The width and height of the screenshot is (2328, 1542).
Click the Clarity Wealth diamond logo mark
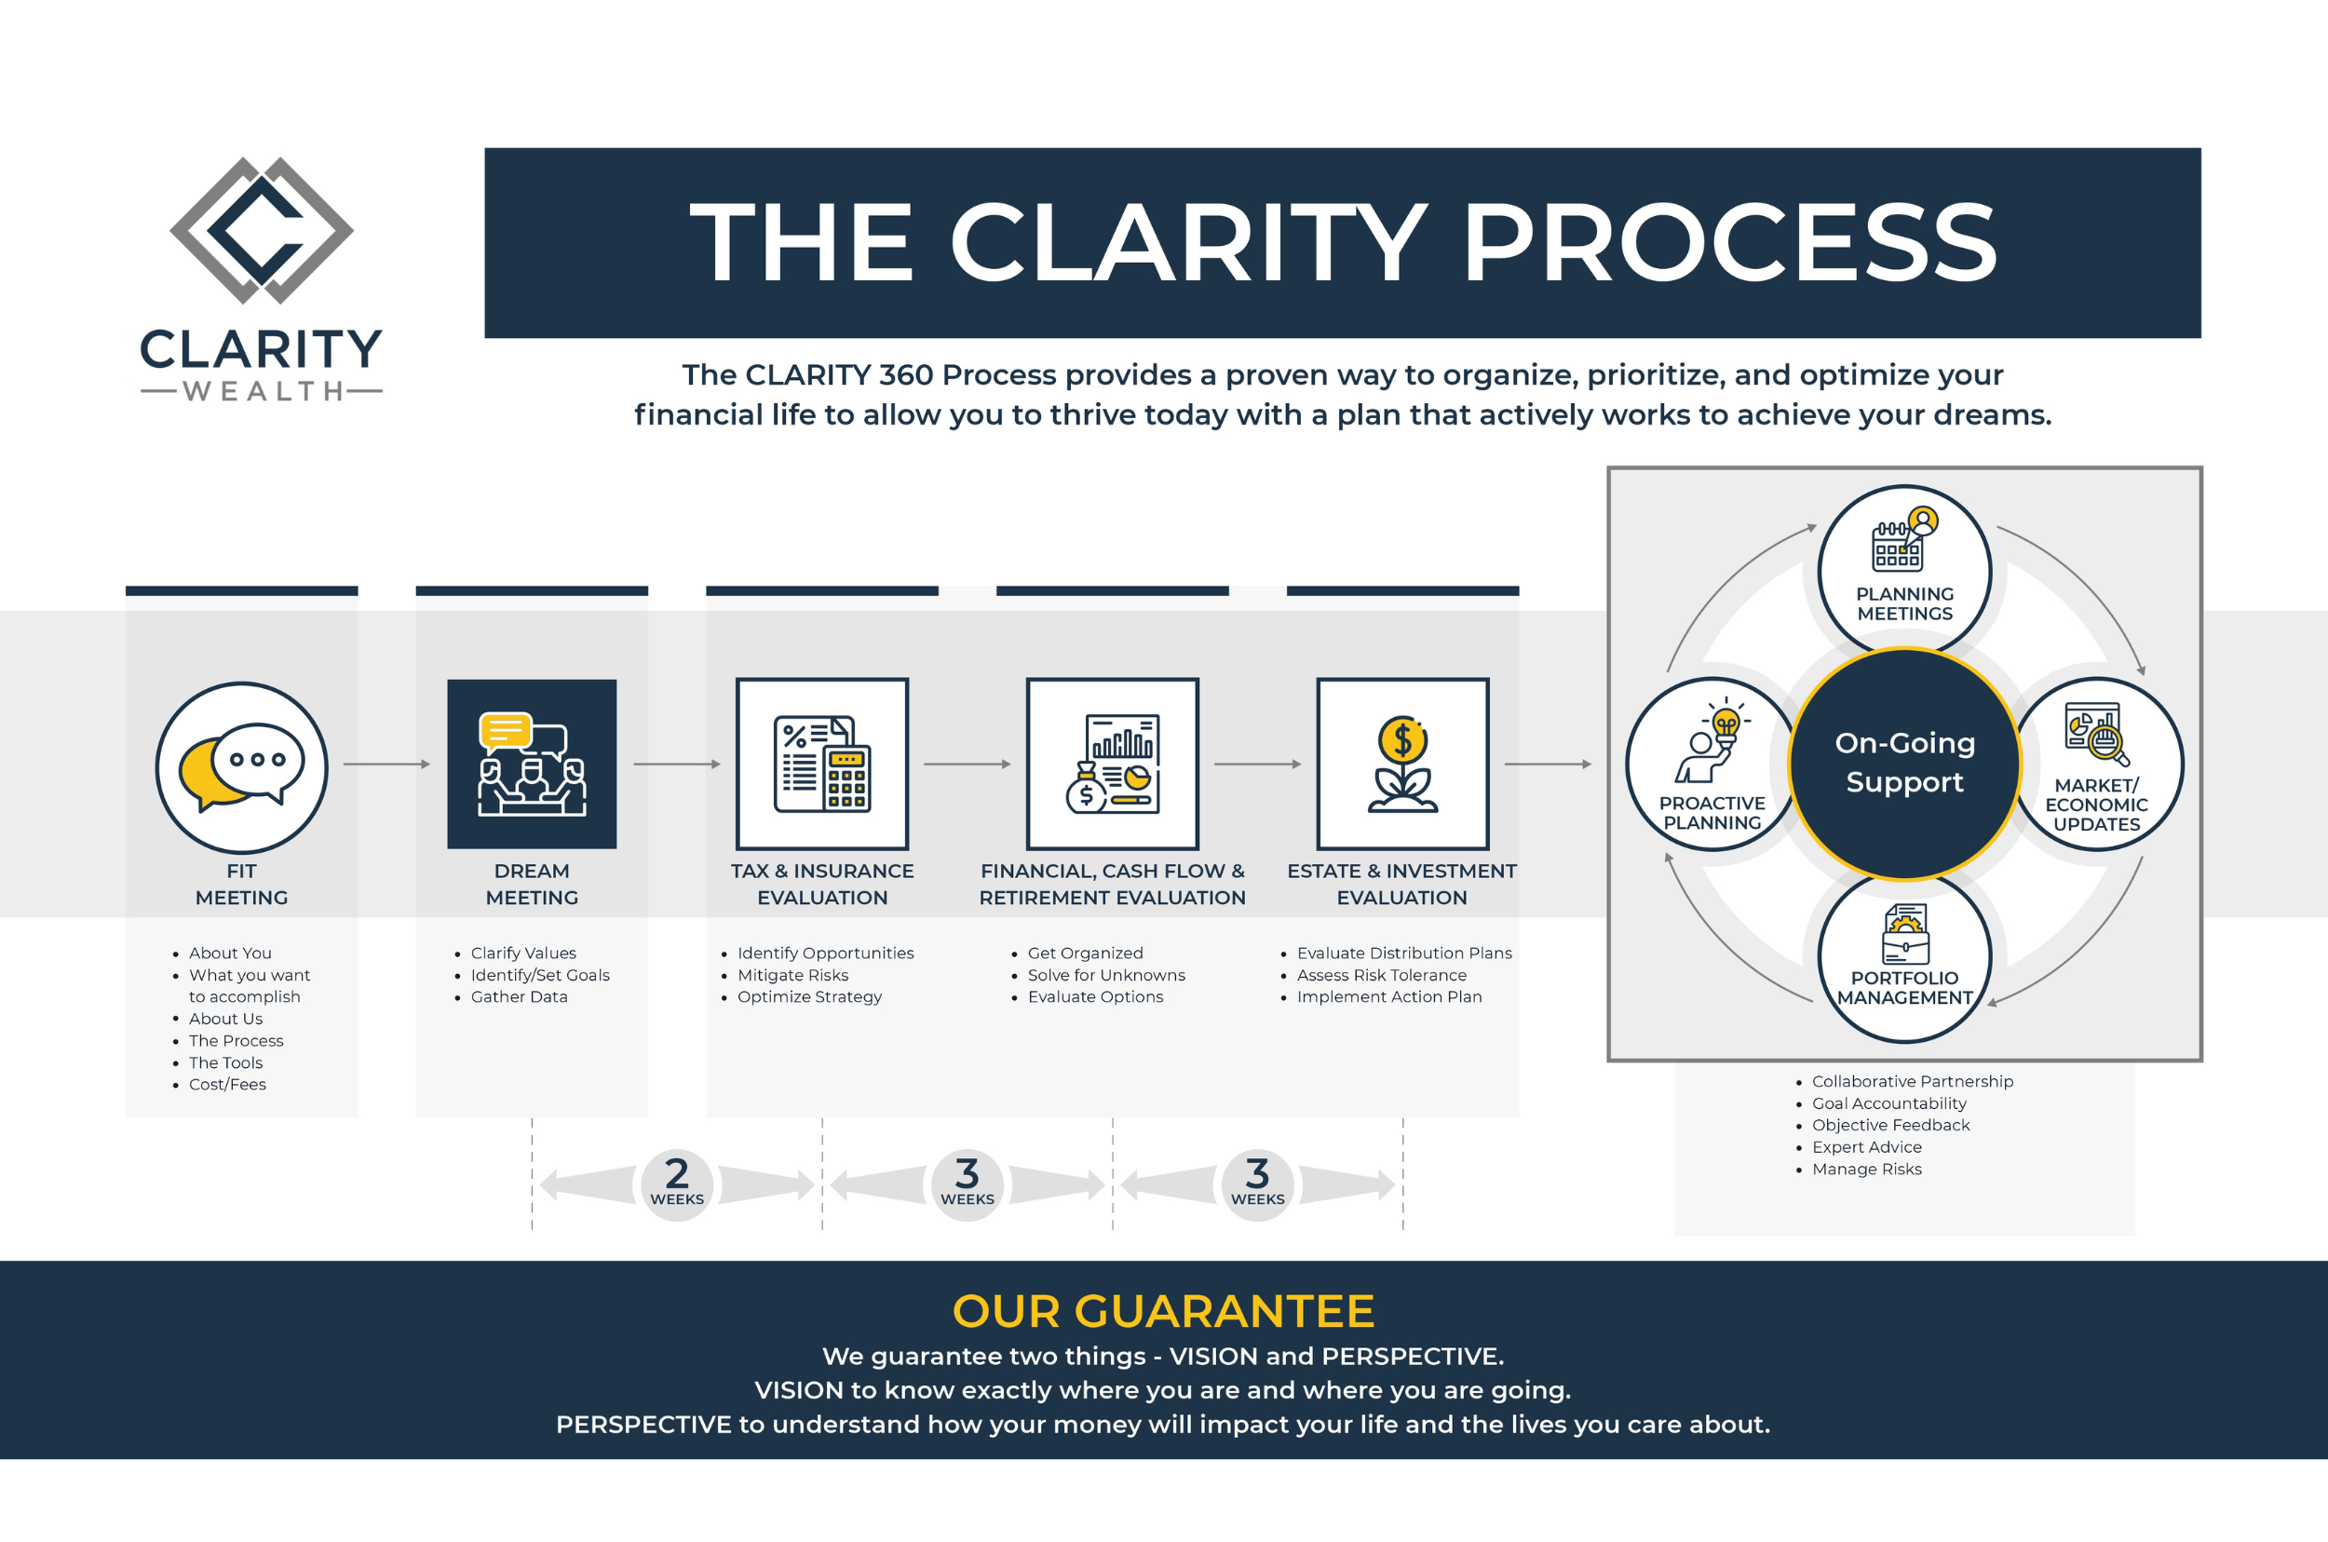(x=261, y=230)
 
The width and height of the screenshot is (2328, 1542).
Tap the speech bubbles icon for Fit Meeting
(x=241, y=767)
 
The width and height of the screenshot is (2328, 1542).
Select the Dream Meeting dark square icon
(x=531, y=764)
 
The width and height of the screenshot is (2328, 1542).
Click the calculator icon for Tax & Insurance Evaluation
(x=821, y=764)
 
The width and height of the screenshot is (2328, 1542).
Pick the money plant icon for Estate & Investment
(x=1402, y=764)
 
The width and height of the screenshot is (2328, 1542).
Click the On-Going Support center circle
(x=1904, y=764)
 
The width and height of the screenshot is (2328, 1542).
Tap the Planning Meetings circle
(x=1904, y=571)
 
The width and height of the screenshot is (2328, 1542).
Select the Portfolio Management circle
(x=1904, y=959)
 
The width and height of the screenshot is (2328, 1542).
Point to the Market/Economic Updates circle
(x=2097, y=764)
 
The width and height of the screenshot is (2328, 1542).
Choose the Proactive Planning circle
(x=1712, y=764)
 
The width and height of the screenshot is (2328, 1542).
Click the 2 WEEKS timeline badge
(x=677, y=1184)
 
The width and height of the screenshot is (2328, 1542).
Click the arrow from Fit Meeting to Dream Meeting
(x=386, y=764)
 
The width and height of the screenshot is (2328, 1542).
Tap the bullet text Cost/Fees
(x=227, y=1084)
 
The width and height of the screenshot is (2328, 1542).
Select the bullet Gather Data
(x=519, y=996)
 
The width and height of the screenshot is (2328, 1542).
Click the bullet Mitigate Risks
(x=792, y=975)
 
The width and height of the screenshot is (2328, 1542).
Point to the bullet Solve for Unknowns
(x=1105, y=975)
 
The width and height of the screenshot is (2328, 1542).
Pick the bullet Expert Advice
(x=1866, y=1146)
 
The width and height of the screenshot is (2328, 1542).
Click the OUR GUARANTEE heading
(x=1162, y=1311)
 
